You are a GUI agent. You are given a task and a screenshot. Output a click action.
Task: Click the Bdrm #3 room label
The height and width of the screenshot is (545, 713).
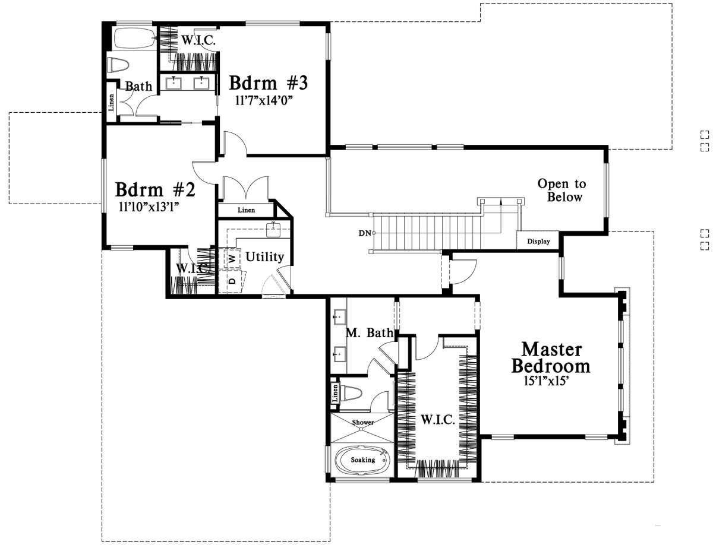pos(268,83)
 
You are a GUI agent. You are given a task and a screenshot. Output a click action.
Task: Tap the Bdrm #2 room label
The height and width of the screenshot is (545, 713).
pos(155,189)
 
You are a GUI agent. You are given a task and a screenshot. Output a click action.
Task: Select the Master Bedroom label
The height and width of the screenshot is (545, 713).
pos(551,357)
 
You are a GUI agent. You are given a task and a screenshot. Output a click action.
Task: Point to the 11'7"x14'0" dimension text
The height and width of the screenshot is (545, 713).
pos(264,100)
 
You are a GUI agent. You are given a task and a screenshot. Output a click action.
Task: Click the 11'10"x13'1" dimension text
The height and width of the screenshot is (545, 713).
pos(149,207)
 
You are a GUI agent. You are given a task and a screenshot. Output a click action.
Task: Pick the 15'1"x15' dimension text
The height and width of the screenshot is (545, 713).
pos(545,381)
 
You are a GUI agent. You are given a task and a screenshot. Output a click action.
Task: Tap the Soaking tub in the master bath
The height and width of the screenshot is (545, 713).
pos(362,460)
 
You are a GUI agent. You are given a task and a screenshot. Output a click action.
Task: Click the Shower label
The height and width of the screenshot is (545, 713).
pos(362,422)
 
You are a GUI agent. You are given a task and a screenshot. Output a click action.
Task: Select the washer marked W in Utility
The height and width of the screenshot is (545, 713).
pos(232,258)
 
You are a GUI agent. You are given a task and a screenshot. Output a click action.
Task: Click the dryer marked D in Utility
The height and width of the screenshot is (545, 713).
pos(232,280)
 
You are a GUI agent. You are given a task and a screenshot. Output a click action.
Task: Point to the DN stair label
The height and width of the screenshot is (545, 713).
pos(364,233)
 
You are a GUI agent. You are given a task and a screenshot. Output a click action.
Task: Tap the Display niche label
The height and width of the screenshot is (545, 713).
pos(538,241)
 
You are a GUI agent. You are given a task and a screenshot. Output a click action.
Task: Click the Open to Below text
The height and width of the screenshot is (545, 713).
pos(562,190)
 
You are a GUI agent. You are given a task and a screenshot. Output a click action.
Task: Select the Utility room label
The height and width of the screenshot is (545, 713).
pos(265,256)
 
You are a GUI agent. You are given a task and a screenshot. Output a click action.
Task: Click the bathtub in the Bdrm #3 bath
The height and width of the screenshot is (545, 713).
pos(134,39)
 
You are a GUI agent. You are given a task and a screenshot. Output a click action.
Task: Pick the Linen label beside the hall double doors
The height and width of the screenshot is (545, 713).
pos(246,210)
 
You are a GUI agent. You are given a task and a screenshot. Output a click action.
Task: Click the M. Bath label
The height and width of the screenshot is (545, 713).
pos(369,332)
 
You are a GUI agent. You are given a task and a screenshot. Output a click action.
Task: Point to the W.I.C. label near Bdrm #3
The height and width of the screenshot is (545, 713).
pos(198,40)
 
